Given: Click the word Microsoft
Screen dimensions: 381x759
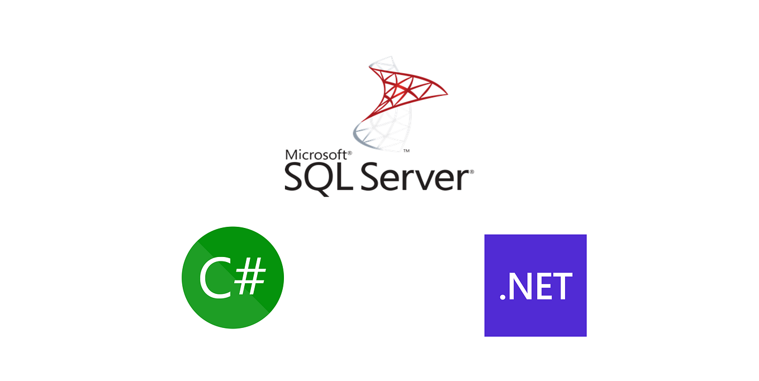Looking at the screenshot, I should [x=317, y=155].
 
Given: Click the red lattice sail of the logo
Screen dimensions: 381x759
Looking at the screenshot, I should [x=407, y=89].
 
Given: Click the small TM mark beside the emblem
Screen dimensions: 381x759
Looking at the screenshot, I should [x=406, y=151].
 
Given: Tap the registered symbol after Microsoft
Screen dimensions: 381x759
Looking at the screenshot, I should [x=350, y=152].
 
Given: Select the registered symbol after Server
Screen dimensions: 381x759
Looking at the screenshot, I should [x=472, y=172].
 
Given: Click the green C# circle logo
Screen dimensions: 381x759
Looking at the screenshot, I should [x=233, y=278].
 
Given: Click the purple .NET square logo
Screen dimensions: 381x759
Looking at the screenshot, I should [x=535, y=285].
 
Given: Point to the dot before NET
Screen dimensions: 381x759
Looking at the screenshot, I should [x=502, y=298].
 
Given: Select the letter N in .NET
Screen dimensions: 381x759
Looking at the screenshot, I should [x=519, y=287].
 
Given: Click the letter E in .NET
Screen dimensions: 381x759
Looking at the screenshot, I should [x=543, y=287].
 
